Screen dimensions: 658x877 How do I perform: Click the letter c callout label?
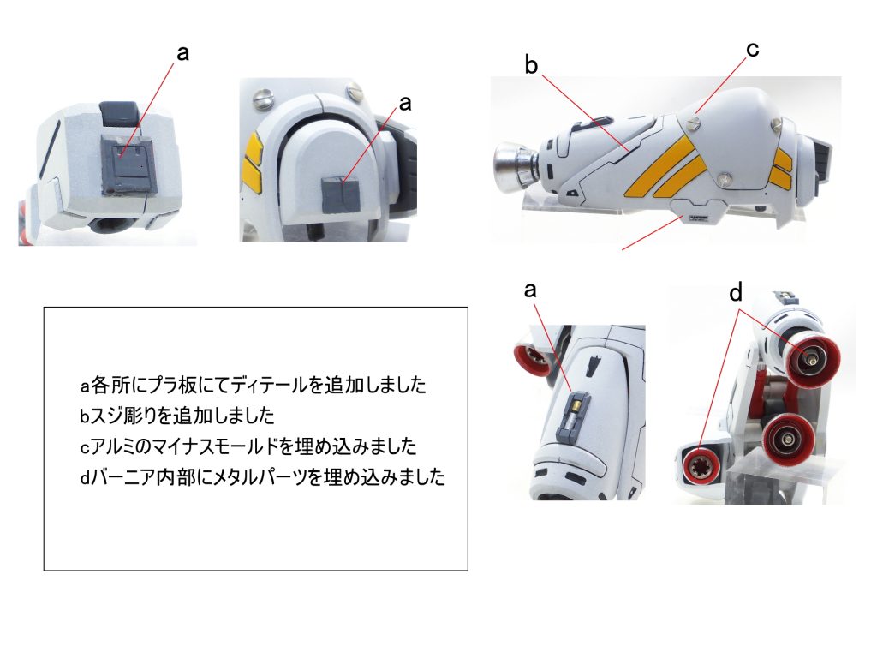click(752, 51)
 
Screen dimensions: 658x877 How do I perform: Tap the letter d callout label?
click(735, 293)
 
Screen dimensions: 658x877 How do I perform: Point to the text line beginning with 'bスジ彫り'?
click(176, 416)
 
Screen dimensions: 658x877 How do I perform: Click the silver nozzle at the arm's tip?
click(511, 164)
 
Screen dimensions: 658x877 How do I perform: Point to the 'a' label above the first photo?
click(182, 53)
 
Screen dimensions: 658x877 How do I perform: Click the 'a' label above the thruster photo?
click(530, 290)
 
